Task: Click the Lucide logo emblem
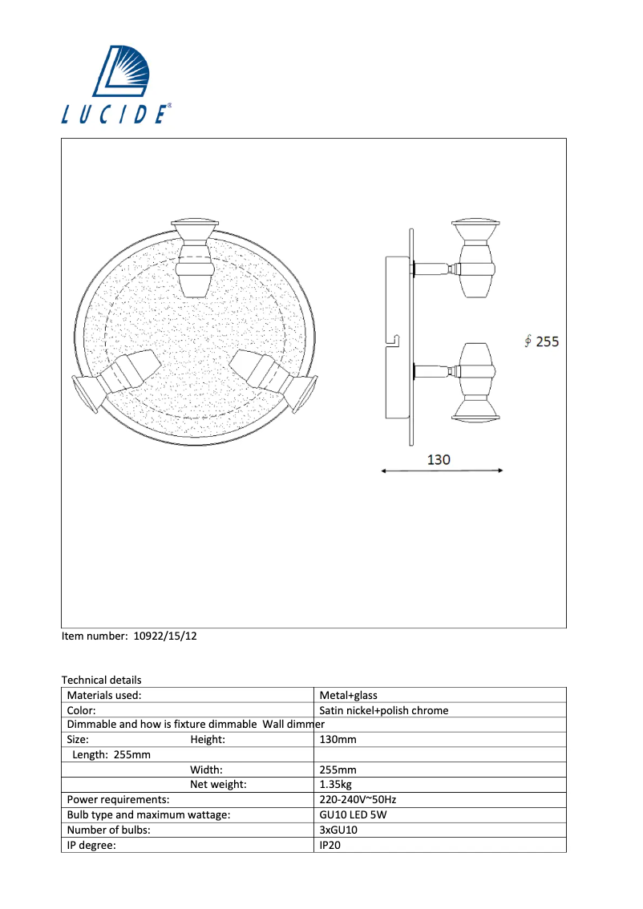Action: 129,73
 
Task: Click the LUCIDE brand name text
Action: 116,115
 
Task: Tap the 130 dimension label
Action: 439,459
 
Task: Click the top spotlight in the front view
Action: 194,257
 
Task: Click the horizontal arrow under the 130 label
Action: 442,471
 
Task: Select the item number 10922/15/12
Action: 129,636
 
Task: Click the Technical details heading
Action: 101,680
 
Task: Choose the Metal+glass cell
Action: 348,696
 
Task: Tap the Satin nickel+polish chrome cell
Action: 383,710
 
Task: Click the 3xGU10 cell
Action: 338,830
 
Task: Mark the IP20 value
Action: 330,845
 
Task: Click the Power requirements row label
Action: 118,799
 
